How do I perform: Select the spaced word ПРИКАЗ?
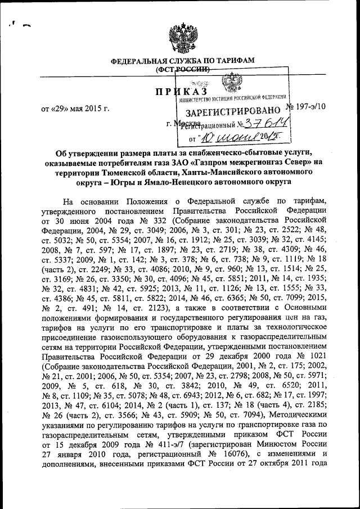point(182,92)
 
